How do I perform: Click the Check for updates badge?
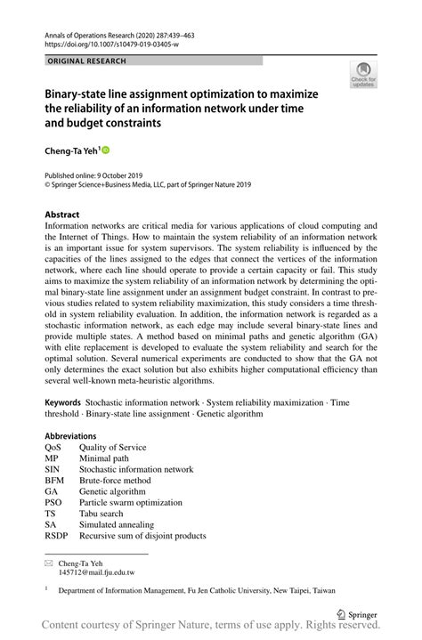click(x=363, y=75)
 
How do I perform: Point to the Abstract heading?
click(x=62, y=215)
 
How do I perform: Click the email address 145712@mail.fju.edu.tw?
click(x=97, y=573)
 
